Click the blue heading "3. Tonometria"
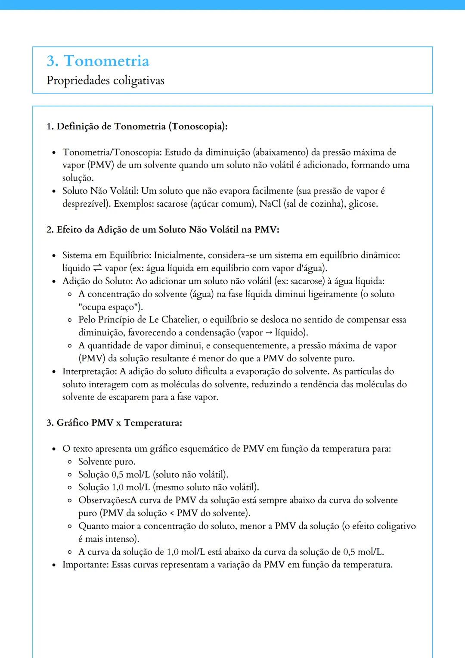[98, 61]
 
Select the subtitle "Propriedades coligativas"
[105, 81]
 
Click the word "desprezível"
[86, 204]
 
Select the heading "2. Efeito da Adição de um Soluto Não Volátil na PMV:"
[163, 230]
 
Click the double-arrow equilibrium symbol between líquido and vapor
[97, 268]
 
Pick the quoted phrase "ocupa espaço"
[110, 307]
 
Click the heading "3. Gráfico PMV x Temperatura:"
[114, 423]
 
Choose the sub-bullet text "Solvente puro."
[107, 462]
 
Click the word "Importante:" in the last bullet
[86, 565]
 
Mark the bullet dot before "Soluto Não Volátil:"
[54, 191]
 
